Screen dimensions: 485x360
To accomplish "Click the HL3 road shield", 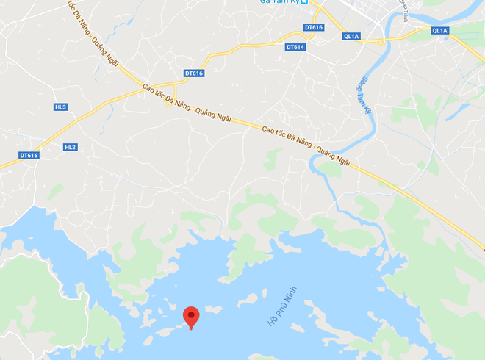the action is click(x=60, y=107).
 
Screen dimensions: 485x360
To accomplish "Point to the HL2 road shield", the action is click(x=71, y=147).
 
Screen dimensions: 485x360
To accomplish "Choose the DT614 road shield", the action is click(x=295, y=48).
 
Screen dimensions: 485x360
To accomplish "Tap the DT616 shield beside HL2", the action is click(x=29, y=155).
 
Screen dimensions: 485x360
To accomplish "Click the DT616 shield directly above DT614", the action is click(x=313, y=28).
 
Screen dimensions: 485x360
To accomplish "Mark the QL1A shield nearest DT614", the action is click(x=351, y=36).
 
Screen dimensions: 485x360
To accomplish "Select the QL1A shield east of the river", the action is click(x=439, y=31).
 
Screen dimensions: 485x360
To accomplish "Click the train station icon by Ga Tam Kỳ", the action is click(x=305, y=2).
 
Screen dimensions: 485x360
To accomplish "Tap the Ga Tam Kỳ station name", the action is click(x=279, y=2).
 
